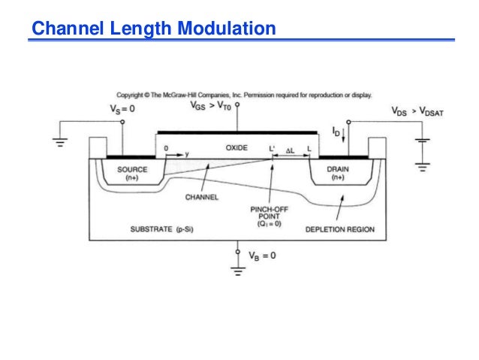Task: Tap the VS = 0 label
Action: click(124, 109)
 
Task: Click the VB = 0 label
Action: click(261, 255)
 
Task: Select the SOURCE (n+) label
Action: click(132, 173)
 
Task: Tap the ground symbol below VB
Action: click(239, 271)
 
